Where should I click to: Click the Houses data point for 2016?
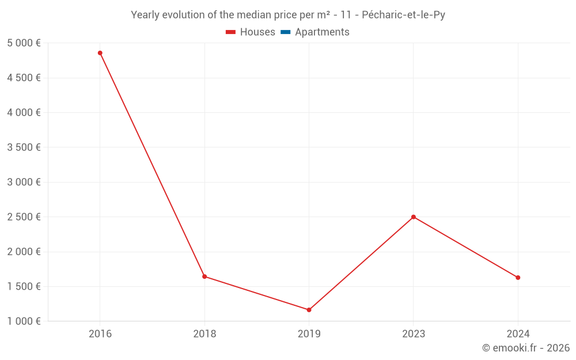click(x=100, y=53)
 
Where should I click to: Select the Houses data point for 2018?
click(x=204, y=276)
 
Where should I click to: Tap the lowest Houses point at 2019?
click(x=309, y=310)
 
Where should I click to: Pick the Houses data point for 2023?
click(x=414, y=217)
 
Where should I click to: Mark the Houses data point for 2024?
click(x=518, y=278)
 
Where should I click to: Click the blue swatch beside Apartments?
click(x=285, y=32)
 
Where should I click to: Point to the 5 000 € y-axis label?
click(x=24, y=43)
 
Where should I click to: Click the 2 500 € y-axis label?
click(x=24, y=217)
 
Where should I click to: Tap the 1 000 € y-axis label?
click(x=24, y=321)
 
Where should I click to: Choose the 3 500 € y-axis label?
click(x=24, y=147)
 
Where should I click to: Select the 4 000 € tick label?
click(x=24, y=113)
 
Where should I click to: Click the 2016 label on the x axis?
click(x=100, y=334)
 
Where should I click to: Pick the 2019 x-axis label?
click(x=309, y=334)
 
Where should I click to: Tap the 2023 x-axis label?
click(x=414, y=334)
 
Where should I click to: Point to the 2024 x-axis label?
click(x=518, y=334)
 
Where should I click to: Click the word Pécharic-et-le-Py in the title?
click(x=403, y=15)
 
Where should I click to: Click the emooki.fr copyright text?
click(x=526, y=348)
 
